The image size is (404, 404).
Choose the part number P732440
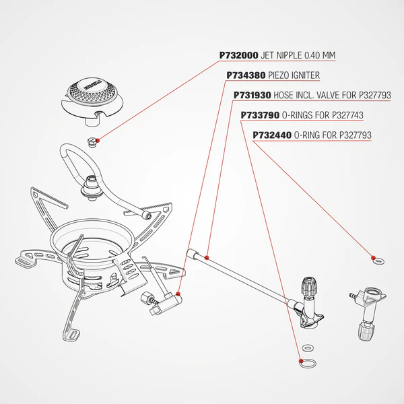coord(272,135)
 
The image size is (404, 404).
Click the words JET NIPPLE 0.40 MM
coord(298,55)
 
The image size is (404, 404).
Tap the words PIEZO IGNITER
coord(294,75)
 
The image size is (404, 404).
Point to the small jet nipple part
coord(92,140)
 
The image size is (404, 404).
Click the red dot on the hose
coord(207,257)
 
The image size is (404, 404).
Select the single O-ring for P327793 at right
coord(375,259)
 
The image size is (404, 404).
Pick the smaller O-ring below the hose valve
coord(308,348)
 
